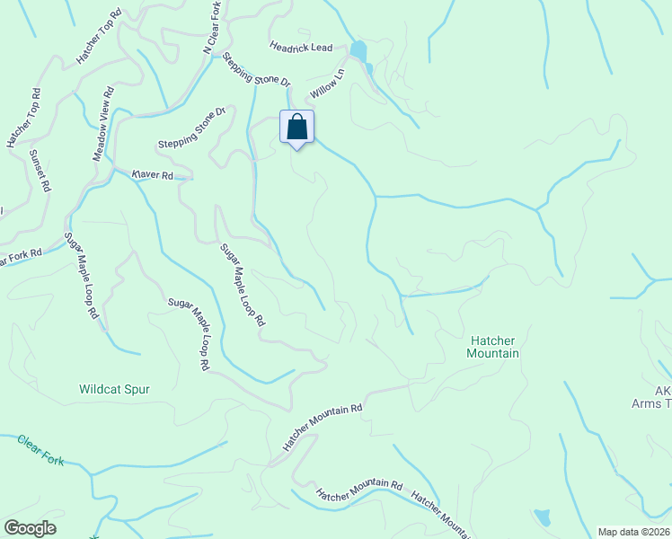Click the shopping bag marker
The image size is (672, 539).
(297, 128)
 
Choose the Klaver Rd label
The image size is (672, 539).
(152, 175)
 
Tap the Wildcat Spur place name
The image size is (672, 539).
(114, 390)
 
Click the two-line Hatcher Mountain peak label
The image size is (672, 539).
(494, 347)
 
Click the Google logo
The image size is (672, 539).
(30, 528)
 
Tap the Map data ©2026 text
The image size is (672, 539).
(634, 532)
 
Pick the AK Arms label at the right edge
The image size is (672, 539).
(662, 397)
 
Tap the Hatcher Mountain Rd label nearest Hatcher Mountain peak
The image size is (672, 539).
(323, 426)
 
